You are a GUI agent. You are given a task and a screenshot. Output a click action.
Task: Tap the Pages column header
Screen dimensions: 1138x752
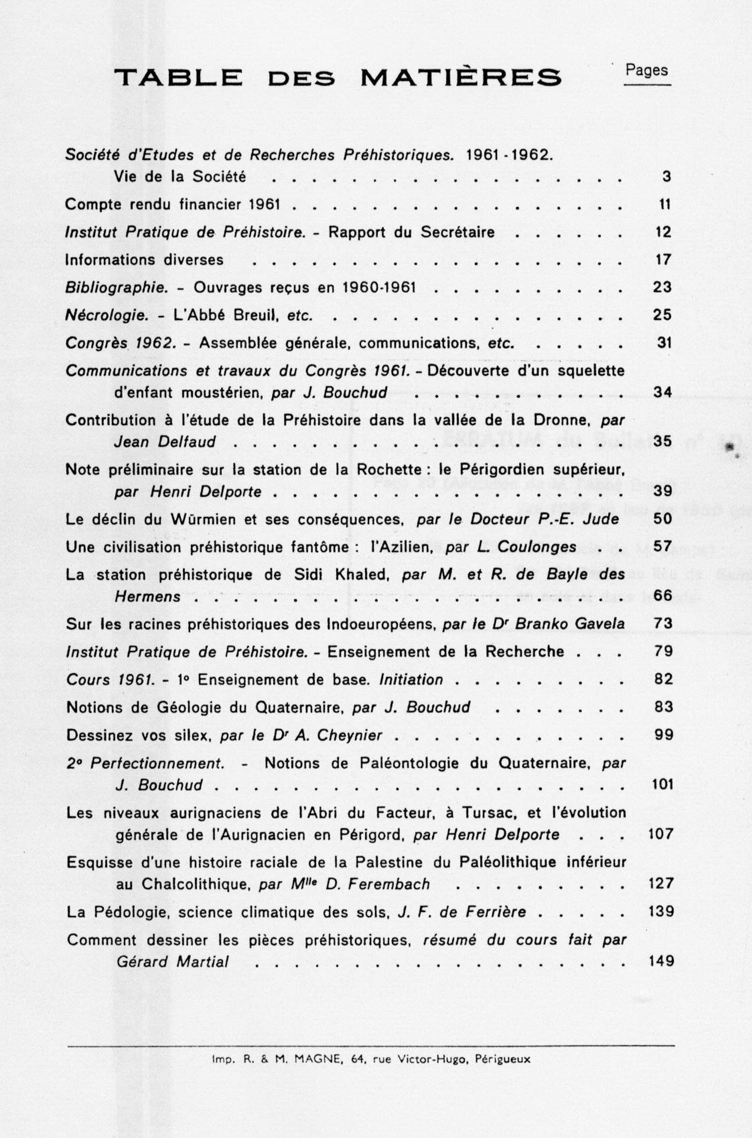(x=646, y=70)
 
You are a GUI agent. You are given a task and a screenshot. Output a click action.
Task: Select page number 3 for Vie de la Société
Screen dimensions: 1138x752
(x=666, y=177)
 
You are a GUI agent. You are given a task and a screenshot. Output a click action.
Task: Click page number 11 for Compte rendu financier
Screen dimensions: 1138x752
(x=664, y=205)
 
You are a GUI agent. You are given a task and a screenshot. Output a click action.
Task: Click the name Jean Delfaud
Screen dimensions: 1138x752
(x=164, y=442)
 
